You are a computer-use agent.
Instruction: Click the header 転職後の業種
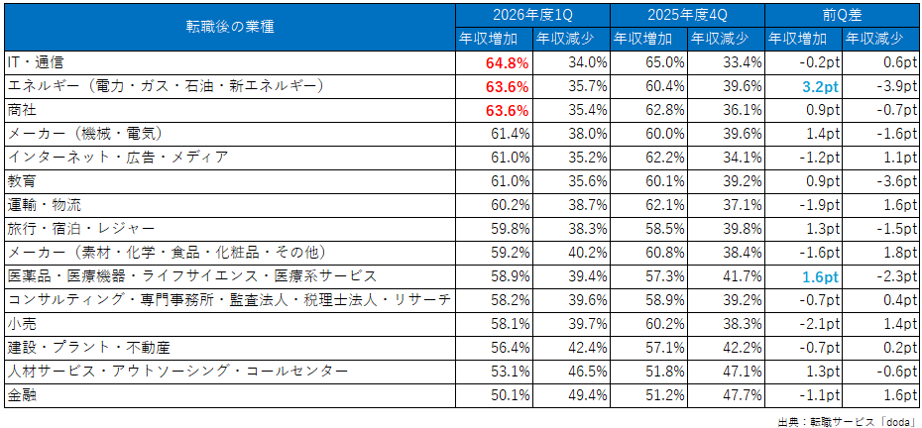tap(230, 28)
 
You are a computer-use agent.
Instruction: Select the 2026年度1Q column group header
tap(532, 15)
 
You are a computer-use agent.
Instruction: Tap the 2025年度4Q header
tap(687, 15)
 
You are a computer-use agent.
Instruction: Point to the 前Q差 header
tap(843, 15)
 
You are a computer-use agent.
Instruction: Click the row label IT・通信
tap(34, 60)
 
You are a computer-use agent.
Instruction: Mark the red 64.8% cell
tap(508, 61)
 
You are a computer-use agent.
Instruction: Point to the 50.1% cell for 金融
tap(510, 395)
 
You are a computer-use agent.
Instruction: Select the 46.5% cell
tap(588, 372)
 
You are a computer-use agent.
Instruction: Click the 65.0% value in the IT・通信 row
tap(665, 61)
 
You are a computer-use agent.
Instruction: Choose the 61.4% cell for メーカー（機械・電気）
tap(510, 135)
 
